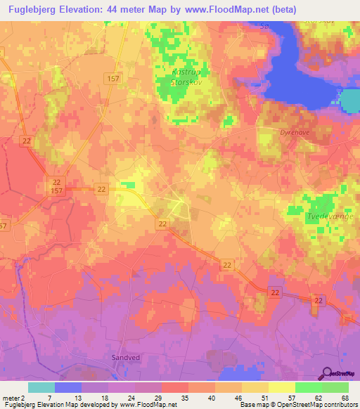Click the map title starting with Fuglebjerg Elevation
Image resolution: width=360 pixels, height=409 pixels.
tap(148, 9)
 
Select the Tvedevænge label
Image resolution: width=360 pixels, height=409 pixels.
tap(330, 218)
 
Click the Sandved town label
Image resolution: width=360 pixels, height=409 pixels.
tap(124, 357)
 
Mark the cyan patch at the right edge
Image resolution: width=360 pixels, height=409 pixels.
tap(351, 103)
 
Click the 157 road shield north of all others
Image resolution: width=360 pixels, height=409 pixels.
tap(114, 79)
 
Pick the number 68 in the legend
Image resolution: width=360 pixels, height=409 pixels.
tap(344, 397)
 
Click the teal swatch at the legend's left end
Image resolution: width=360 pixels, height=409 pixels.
tap(41, 387)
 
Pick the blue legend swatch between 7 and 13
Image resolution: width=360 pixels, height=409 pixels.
tap(67, 387)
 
